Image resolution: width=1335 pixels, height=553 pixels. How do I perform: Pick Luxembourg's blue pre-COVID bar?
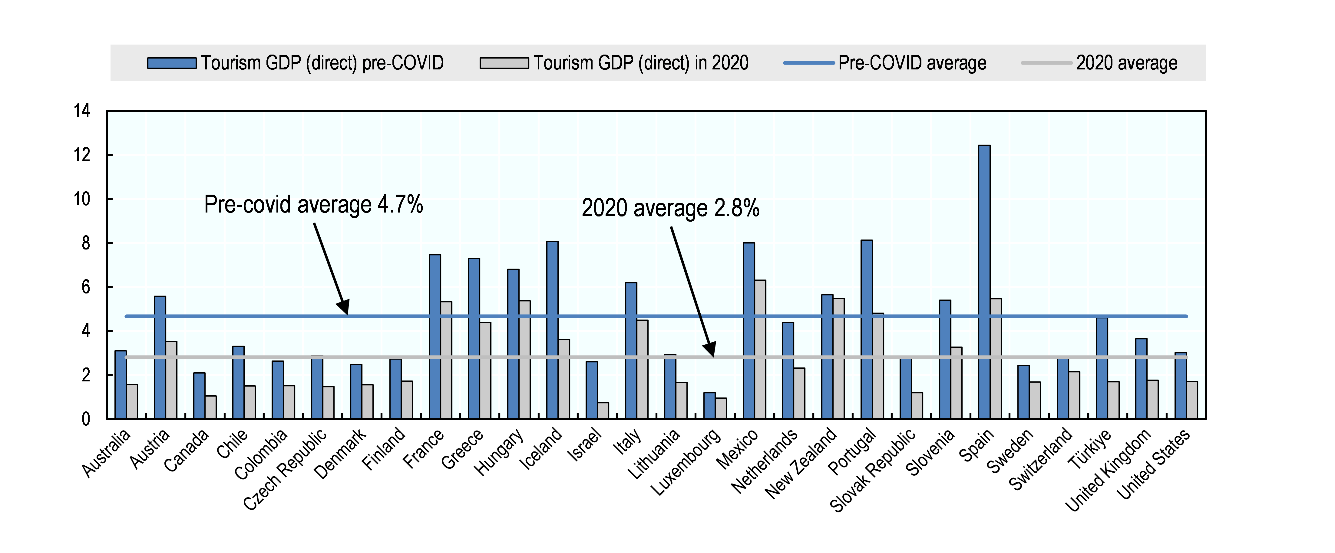pyautogui.click(x=709, y=406)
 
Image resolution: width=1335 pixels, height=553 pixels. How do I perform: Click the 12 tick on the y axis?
pyautogui.click(x=82, y=155)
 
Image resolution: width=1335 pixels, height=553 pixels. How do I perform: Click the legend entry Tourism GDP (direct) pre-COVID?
pyautogui.click(x=296, y=63)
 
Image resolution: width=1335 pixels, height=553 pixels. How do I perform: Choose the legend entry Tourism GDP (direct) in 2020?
pyautogui.click(x=614, y=63)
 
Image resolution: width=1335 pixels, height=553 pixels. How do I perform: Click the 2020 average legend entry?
pyautogui.click(x=1099, y=63)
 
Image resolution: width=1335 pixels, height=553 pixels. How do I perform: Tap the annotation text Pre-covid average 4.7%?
pyautogui.click(x=313, y=204)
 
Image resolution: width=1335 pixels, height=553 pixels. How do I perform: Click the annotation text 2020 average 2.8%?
pyautogui.click(x=670, y=207)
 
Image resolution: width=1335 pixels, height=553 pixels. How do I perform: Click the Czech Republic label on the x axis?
pyautogui.click(x=285, y=470)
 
